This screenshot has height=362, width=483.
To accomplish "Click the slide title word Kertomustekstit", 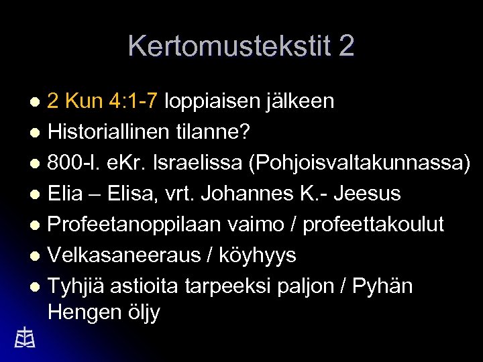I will pyautogui.click(x=229, y=46).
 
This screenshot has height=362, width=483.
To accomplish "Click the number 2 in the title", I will pyautogui.click(x=346, y=46).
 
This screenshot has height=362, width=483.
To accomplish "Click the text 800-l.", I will pyautogui.click(x=74, y=163).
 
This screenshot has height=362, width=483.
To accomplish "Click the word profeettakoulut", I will pyautogui.click(x=374, y=225).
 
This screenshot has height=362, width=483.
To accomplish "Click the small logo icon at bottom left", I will pyautogui.click(x=24, y=338).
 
